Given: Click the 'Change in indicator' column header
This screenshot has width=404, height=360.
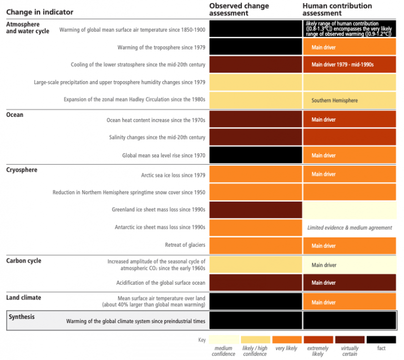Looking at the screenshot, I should pos(40,12).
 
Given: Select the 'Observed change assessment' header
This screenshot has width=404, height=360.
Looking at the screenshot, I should pos(239,9).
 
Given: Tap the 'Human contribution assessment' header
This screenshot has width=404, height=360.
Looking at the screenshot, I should pos(337,9).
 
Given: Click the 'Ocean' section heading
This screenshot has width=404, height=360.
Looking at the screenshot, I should pos(15,115).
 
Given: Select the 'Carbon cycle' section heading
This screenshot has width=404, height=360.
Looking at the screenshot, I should pos(24,261).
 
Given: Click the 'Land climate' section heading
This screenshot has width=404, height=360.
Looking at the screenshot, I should pos(24,298).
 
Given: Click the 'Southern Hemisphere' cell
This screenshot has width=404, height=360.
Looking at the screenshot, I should pos(335,101).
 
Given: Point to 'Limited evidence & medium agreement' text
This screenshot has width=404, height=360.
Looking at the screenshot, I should pos(349,228).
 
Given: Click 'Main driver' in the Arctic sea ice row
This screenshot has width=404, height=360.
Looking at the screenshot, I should pos(324,174).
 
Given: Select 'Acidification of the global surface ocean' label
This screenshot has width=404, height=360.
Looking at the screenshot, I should pos(160,283).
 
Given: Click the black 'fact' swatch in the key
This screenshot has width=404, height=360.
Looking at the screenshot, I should pos(381,340).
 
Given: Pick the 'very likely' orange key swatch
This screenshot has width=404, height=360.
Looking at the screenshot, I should pos(286,340).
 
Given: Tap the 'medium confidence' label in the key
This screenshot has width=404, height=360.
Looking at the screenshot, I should pos(224,351).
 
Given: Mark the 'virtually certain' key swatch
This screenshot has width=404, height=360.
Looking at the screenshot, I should pos(349,340).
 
